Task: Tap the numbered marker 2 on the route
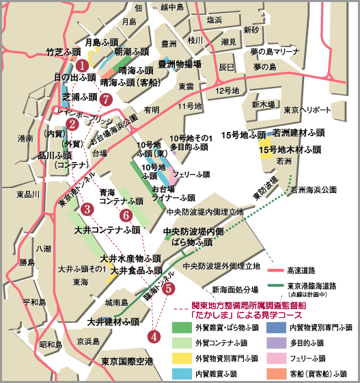click(71, 124)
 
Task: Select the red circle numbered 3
click(86, 209)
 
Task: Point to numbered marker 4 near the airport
click(154, 336)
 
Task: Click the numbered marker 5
click(169, 289)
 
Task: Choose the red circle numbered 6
click(126, 215)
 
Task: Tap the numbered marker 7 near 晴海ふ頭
click(105, 99)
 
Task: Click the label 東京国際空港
click(126, 361)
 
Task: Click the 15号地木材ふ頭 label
click(290, 148)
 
